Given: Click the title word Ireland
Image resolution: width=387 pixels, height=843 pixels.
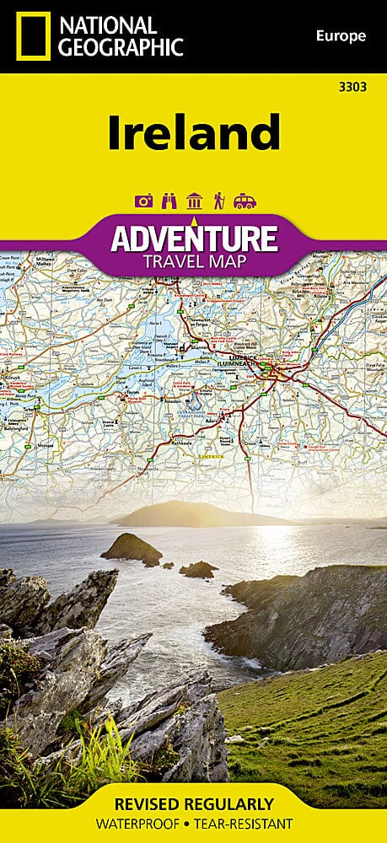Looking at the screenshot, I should pyautogui.click(x=193, y=132).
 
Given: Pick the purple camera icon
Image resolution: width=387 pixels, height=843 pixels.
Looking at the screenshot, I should pyautogui.click(x=143, y=201).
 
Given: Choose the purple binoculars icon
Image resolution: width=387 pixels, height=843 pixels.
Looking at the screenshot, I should pyautogui.click(x=169, y=201).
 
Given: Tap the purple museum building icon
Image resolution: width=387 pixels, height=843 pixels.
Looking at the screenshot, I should pyautogui.click(x=194, y=201).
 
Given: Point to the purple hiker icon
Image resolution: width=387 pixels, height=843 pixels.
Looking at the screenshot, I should pyautogui.click(x=219, y=201).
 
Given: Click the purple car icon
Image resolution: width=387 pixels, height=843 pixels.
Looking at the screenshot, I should pyautogui.click(x=245, y=201).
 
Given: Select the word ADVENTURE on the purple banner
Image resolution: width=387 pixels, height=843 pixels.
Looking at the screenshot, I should pyautogui.click(x=194, y=239).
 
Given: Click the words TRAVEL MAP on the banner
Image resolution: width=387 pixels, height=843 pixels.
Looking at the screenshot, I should pyautogui.click(x=194, y=261).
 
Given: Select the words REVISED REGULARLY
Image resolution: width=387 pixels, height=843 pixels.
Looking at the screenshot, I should pyautogui.click(x=194, y=803).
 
